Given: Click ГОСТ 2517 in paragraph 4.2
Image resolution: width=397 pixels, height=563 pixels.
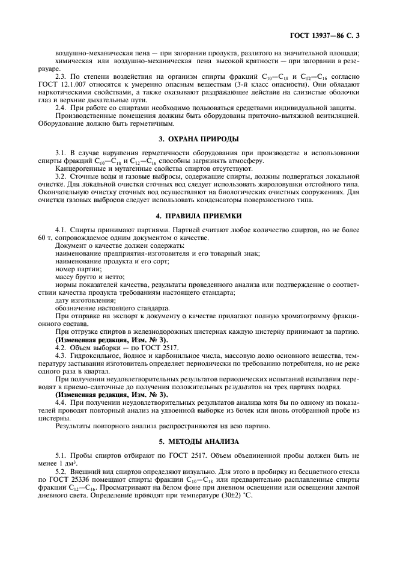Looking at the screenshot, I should [x=135, y=348].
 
